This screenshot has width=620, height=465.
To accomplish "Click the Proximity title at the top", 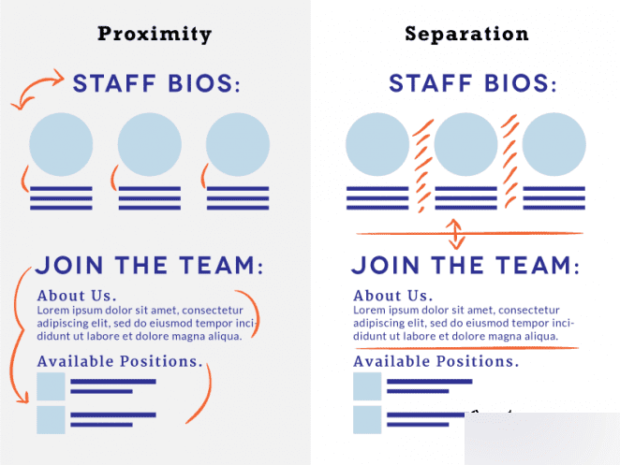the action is (155, 35).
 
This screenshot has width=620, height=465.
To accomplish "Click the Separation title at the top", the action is (466, 34).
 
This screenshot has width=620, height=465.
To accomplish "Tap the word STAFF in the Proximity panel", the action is (114, 83).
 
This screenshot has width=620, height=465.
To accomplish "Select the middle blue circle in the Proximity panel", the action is (150, 144).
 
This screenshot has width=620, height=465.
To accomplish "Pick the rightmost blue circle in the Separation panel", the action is (554, 144).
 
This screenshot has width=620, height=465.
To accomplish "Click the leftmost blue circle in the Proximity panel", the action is (61, 144).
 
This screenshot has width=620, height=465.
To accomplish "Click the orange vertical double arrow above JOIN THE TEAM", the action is (455, 234).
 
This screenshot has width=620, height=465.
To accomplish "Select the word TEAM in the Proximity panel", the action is (217, 265).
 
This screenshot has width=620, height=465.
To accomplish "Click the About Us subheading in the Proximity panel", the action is (77, 296).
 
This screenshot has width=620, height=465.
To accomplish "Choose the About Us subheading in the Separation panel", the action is (393, 296).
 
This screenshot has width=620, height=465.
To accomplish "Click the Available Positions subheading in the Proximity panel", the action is (120, 361).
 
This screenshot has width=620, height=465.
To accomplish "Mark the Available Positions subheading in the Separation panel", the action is (436, 361).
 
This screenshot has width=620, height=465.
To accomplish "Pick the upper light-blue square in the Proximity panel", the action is (51, 386).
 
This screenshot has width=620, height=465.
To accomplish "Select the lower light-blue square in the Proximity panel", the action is (51, 419).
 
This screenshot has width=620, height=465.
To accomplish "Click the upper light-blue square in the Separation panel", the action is (367, 386).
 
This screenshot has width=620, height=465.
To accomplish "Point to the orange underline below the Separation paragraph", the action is (467, 348).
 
